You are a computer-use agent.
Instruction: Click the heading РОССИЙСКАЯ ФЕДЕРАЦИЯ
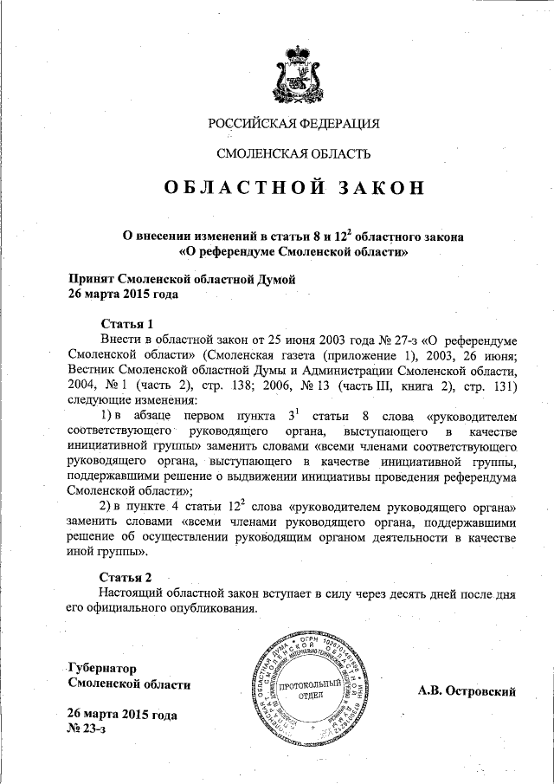coord(293,123)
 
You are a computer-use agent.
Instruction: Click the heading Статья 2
coord(126,576)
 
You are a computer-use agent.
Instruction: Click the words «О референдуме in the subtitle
coord(227,251)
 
